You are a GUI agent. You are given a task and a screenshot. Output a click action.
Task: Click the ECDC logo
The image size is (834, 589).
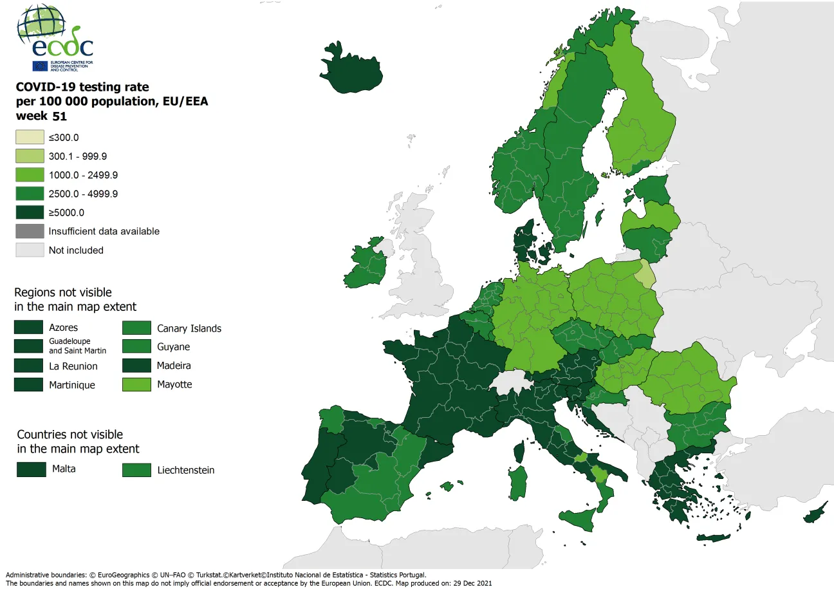coord(55,38)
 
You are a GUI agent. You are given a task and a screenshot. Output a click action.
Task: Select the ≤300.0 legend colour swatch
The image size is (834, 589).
coord(30,137)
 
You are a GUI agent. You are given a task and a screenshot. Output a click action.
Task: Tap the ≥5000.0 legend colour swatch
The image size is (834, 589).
coord(30,212)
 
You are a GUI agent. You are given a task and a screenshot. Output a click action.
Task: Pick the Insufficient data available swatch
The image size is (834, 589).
coord(30,231)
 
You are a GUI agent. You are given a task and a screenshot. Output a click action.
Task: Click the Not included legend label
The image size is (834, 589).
coord(76,250)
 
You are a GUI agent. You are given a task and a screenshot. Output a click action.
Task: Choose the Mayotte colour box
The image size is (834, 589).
coord(136,385)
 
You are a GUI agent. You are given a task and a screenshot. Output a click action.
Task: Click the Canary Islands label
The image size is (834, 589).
coord(189,328)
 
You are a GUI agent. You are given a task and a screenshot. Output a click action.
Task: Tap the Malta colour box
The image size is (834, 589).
coord(31,469)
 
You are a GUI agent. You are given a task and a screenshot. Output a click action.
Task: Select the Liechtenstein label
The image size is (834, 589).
coord(186,471)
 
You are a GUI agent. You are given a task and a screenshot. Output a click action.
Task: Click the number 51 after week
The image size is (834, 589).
coord(60,117)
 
